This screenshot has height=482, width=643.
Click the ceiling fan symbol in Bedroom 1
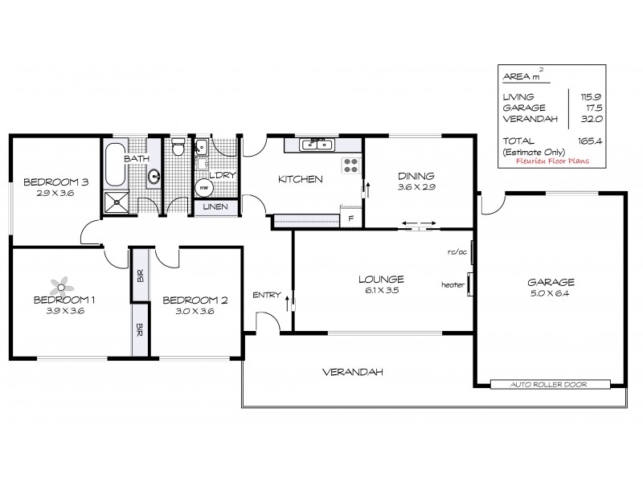point(62,285)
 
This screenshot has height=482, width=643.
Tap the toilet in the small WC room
point(178,149)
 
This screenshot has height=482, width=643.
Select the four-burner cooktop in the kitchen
point(351,165)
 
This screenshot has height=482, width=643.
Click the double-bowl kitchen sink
point(317,145)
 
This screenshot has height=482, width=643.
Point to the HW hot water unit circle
point(203,188)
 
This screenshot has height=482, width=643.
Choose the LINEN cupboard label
point(215,207)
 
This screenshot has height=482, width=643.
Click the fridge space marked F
point(350,219)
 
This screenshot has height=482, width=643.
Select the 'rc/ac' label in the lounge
point(457,252)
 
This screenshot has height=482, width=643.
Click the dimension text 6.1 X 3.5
point(381,291)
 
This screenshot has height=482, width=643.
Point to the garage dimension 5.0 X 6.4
point(551,294)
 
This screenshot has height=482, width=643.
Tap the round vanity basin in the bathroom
point(152,177)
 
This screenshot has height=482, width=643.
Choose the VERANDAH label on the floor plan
point(352,372)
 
